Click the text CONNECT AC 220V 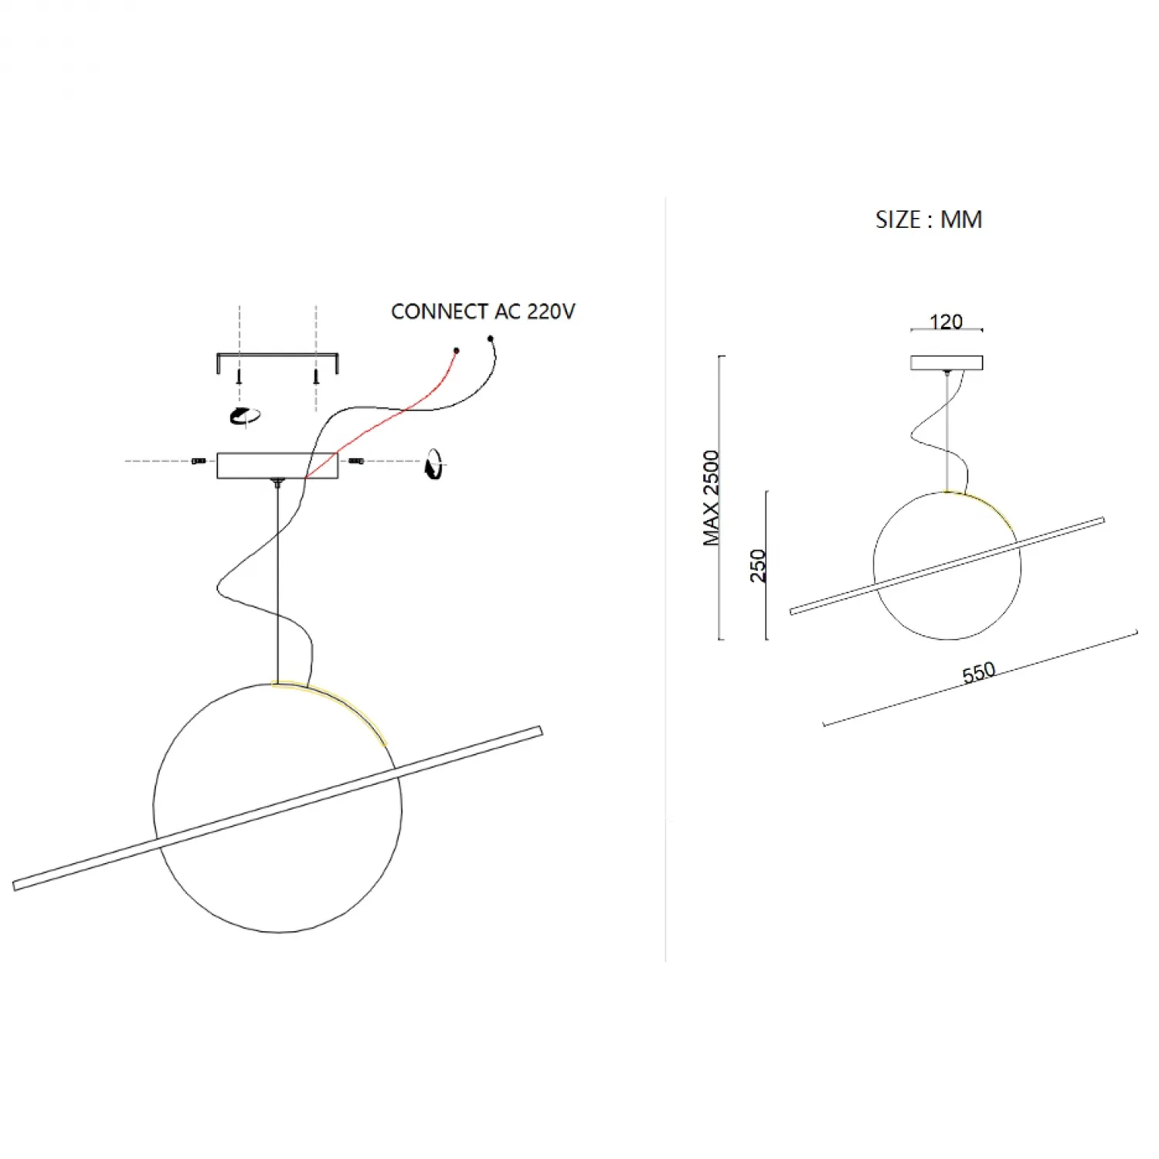pos(483,311)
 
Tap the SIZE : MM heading pos(929,219)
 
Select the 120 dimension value pos(946,321)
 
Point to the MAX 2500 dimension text pos(711,498)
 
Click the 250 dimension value pos(758,566)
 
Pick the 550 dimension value pos(978,672)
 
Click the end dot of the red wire pos(456,351)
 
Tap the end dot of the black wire pos(490,338)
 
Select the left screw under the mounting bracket pos(240,376)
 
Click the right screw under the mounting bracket pos(315,376)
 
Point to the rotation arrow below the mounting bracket pos(245,416)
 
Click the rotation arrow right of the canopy pos(435,464)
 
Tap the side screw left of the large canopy pos(199,461)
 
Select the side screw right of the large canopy pos(356,461)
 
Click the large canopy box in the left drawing pos(277,465)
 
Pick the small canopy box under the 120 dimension pos(947,362)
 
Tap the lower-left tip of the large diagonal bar pos(15,886)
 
